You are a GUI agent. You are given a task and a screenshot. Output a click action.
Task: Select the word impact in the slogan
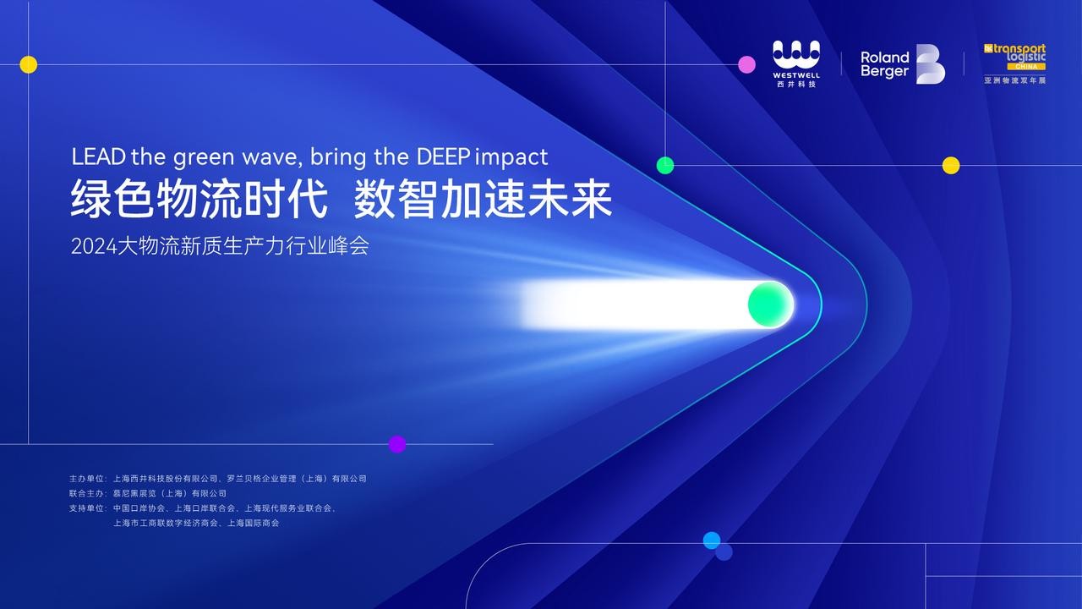[512, 158]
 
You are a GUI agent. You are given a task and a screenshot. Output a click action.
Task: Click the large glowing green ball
[770, 304]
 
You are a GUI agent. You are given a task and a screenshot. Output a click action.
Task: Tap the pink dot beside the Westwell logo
[746, 64]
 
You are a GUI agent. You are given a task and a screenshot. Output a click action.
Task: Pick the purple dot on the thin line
[397, 444]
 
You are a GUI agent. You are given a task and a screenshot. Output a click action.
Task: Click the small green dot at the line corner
[665, 165]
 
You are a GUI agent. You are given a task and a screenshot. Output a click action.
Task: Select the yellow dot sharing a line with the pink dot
[29, 64]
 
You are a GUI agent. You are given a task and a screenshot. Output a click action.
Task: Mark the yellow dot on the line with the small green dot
[951, 165]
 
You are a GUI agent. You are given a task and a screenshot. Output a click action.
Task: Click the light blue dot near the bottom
[712, 540]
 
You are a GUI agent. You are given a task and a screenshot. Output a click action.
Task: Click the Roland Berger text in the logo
[885, 64]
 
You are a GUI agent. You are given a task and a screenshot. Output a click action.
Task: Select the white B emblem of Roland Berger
[931, 64]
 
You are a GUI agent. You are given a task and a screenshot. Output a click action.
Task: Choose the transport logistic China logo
[1015, 58]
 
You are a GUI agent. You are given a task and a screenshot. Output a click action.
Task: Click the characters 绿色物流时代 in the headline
[199, 201]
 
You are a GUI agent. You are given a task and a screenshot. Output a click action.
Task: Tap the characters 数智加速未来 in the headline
[483, 201]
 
